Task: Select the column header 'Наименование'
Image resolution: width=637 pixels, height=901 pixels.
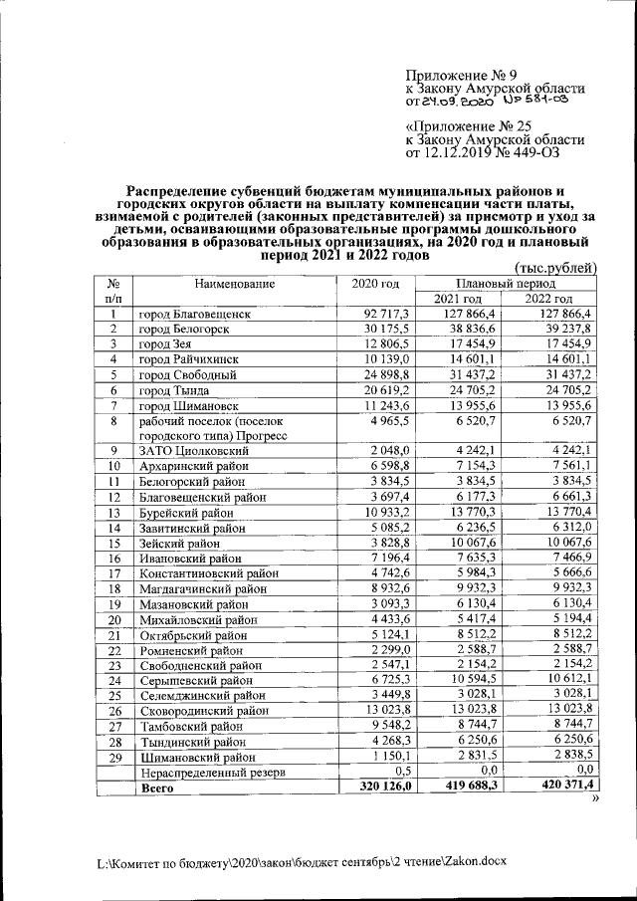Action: tap(234, 285)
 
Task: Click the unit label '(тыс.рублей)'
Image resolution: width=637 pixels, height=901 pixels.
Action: tap(553, 268)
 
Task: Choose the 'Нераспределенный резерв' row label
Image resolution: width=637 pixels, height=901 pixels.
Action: tap(215, 772)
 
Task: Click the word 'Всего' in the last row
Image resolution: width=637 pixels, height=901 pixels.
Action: tap(156, 787)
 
